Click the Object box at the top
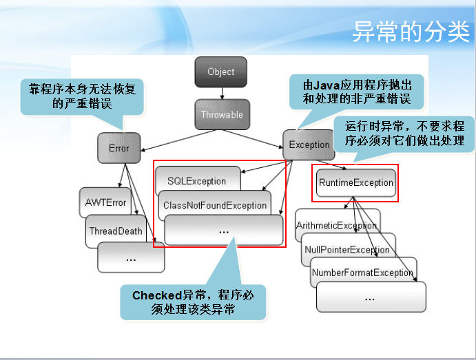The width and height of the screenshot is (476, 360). point(220,72)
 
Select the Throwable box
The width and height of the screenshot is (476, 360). point(221,115)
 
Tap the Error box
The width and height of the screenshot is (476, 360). point(118,148)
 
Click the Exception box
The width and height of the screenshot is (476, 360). point(309,145)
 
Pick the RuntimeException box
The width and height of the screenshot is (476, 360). point(355,183)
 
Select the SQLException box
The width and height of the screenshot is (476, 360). point(196,181)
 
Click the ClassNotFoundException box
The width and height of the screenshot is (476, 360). point(214,205)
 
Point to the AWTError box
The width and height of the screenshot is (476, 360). point(105,202)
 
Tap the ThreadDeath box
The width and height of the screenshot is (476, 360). point(116,231)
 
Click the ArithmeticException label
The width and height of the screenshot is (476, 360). point(336,225)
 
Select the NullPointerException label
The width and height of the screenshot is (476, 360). point(346,249)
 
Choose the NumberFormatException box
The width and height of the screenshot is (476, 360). point(362,273)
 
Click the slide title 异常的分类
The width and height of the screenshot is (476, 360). point(411,33)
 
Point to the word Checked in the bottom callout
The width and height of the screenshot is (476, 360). point(157,295)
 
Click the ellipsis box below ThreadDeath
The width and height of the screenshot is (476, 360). point(131,259)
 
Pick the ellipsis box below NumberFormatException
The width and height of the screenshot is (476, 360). point(371,297)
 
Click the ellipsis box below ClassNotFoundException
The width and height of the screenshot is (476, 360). point(223,231)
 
